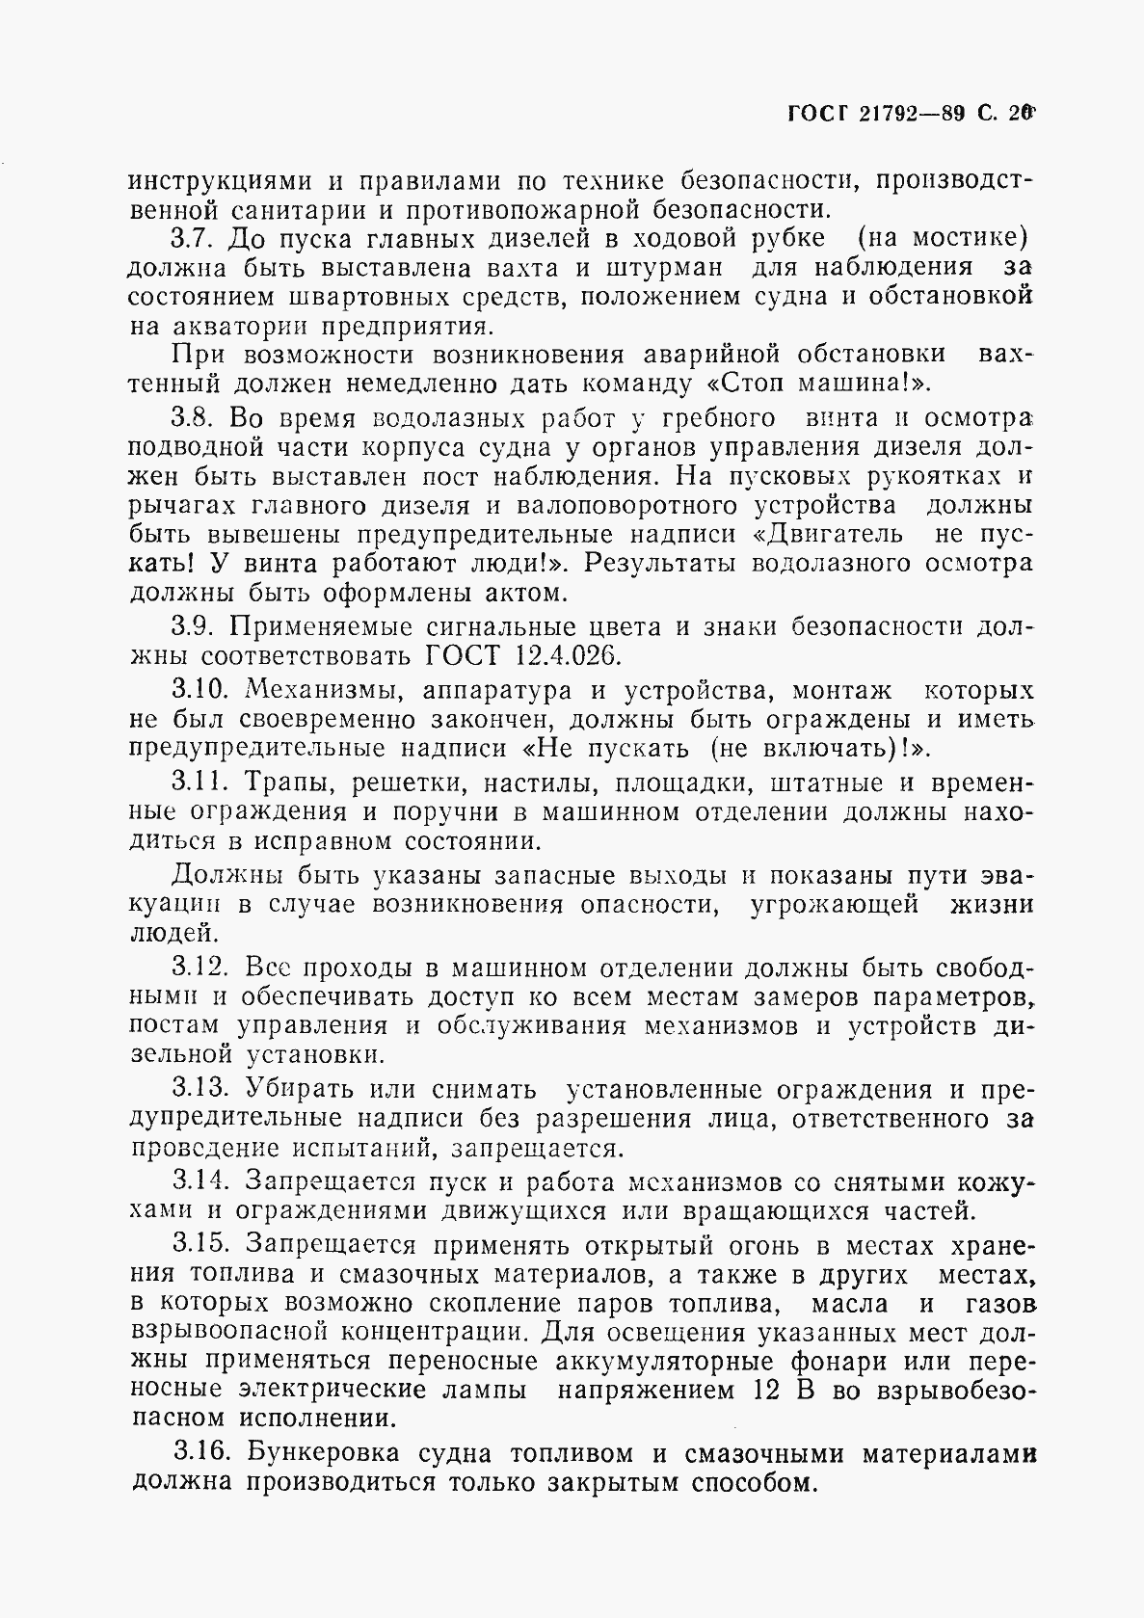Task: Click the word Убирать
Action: [x=307, y=1090]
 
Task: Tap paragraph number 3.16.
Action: [x=202, y=1452]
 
